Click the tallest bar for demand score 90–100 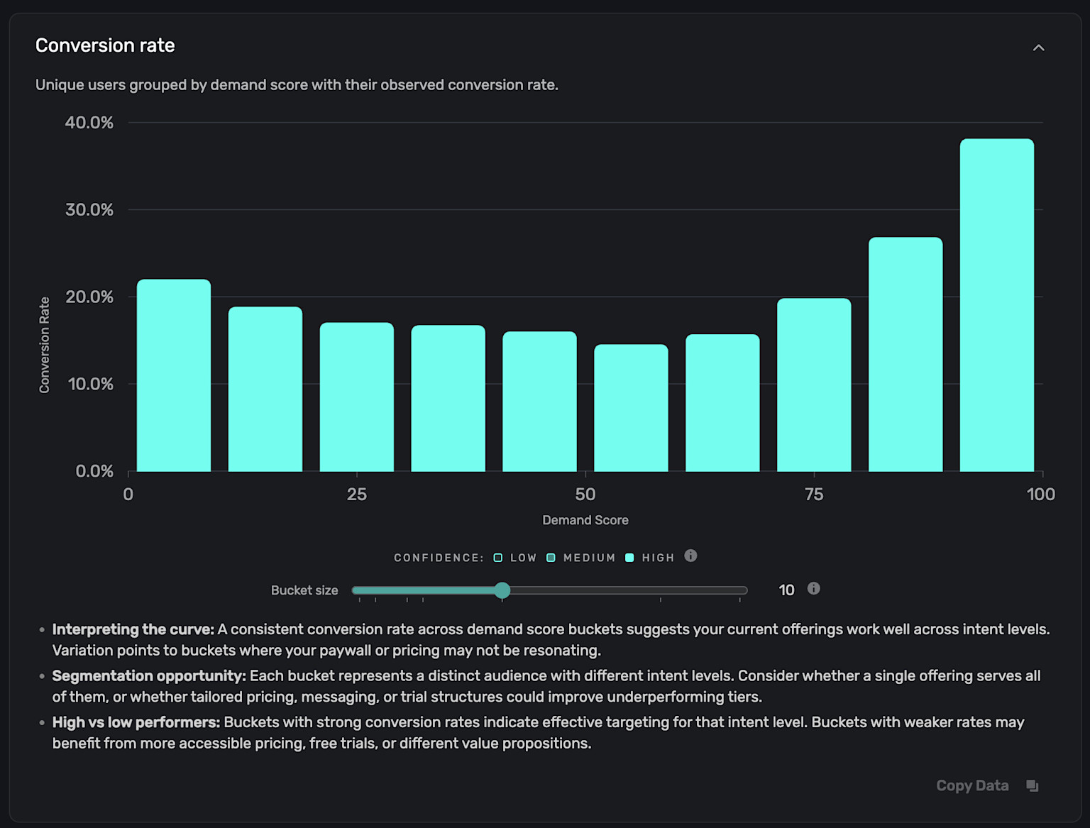click(x=996, y=305)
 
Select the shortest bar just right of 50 click(x=631, y=408)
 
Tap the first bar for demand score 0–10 click(x=174, y=375)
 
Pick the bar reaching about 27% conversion click(x=905, y=354)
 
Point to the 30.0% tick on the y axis click(x=89, y=210)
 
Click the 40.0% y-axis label click(x=89, y=123)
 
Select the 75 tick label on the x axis click(x=814, y=495)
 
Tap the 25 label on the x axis click(x=357, y=495)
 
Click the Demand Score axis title click(x=585, y=520)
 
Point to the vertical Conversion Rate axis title click(x=45, y=345)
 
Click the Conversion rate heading click(x=105, y=45)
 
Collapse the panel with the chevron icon click(x=1038, y=48)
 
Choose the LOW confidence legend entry click(x=515, y=558)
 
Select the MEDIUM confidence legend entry click(x=581, y=558)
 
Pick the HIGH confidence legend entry click(x=650, y=558)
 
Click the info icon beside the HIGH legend click(x=690, y=556)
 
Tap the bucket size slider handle click(x=502, y=590)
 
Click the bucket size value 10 click(x=786, y=590)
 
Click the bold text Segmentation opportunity click(x=149, y=676)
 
